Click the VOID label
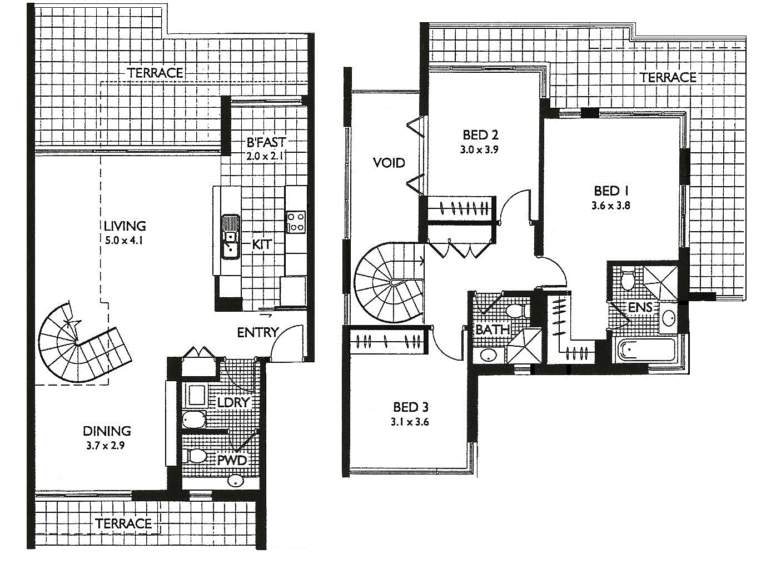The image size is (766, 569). click(x=389, y=163)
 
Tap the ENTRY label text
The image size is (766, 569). click(x=257, y=332)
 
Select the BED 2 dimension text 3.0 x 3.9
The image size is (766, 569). click(x=479, y=149)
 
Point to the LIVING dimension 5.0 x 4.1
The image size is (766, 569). click(x=123, y=240)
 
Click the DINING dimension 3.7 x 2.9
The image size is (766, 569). click(x=105, y=446)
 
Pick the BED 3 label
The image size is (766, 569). click(x=411, y=407)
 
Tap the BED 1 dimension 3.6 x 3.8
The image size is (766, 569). click(x=610, y=206)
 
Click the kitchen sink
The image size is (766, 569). click(x=230, y=237)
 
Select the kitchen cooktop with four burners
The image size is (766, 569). click(x=296, y=222)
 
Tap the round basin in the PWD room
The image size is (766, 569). click(x=236, y=480)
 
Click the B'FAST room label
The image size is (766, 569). click(x=266, y=142)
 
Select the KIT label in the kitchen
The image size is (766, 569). click(x=262, y=244)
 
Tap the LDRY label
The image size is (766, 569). click(x=233, y=402)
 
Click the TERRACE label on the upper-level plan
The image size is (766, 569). click(x=668, y=77)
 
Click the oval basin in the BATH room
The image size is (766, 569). click(x=488, y=355)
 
